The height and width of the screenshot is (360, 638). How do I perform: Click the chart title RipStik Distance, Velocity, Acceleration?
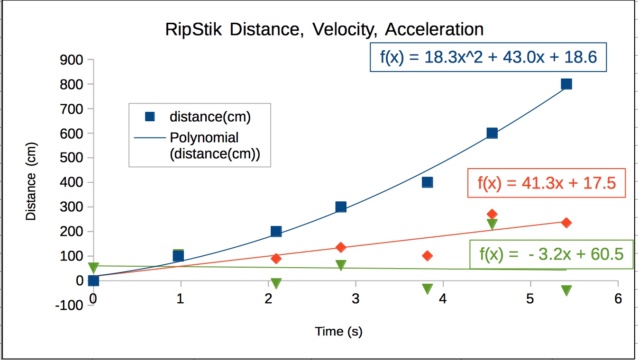coord(324,29)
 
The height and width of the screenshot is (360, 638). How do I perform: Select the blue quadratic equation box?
coord(488,57)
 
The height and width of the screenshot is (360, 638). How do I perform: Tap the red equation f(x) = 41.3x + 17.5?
coord(547,183)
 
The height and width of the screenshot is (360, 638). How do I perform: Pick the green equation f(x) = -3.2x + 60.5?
coord(551,254)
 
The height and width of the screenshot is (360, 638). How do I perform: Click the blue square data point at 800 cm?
coord(566,84)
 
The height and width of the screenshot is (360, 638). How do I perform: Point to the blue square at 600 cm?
coord(492,133)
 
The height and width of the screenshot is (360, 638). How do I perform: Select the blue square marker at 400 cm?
coord(427,182)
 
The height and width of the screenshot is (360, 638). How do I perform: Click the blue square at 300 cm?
coord(341,207)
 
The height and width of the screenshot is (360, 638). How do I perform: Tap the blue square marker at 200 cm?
coord(276,232)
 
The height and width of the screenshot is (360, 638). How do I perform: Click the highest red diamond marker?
coord(492,214)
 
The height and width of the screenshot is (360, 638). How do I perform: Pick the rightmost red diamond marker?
coord(566,223)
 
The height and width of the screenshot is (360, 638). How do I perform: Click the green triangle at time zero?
coord(93,268)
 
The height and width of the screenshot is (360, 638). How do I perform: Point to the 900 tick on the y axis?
coord(72,60)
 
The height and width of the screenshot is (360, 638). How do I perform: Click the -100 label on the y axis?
coord(70,305)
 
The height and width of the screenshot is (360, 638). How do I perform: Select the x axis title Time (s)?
coord(338,332)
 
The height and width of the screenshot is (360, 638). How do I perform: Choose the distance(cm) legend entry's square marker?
coord(150,117)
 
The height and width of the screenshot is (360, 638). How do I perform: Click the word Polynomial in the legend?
coord(204,138)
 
